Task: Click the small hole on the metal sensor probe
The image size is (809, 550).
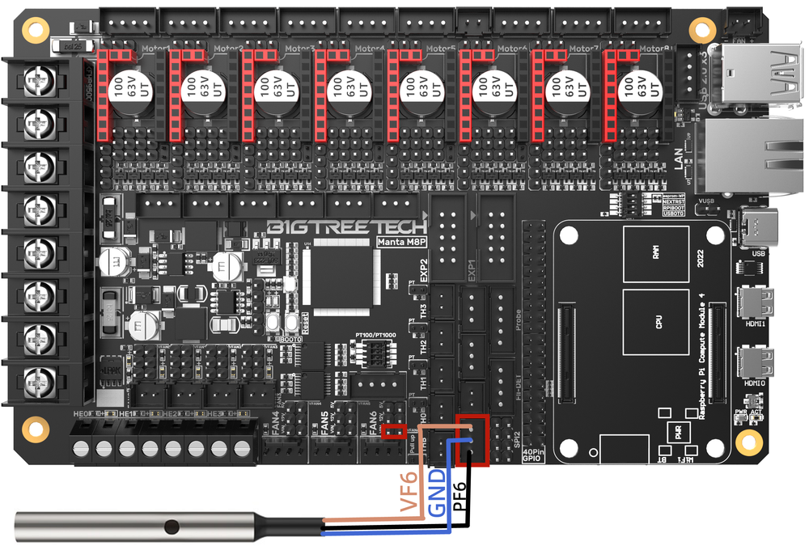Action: pos(170,527)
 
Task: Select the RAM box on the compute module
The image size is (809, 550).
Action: pos(655,252)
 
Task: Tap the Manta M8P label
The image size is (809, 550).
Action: pos(403,241)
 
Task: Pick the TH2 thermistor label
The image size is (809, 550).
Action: pos(421,345)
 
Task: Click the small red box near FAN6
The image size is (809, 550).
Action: pos(394,430)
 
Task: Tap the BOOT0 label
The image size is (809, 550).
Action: pos(287,340)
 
